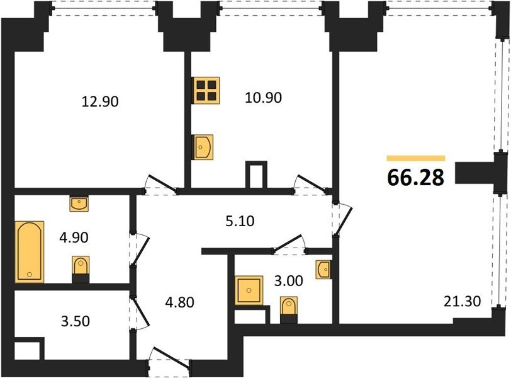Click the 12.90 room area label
click(100, 102)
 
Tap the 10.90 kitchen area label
click(263, 98)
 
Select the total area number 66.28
click(416, 178)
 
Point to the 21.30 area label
click(462, 301)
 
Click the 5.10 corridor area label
click(240, 221)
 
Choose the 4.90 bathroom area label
click(74, 238)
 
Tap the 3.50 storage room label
click(76, 321)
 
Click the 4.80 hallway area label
click(179, 302)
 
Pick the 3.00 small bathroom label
click(288, 281)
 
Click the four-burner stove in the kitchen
click(206, 90)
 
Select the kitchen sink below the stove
click(203, 147)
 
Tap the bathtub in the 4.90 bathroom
click(30, 251)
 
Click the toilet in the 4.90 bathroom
click(81, 269)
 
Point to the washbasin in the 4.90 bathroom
click(79, 204)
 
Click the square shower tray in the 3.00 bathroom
click(249, 290)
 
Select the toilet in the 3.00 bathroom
click(289, 310)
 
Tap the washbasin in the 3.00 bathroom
click(323, 270)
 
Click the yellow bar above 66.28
click(416, 159)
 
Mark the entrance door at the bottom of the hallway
click(169, 358)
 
